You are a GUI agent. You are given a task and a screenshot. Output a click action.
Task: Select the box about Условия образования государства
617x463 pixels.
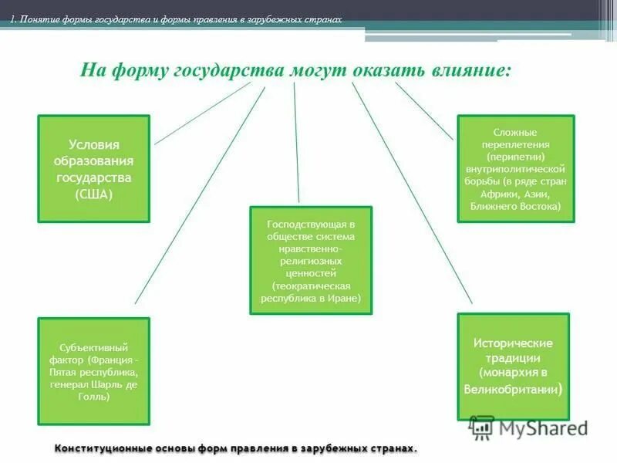(94, 168)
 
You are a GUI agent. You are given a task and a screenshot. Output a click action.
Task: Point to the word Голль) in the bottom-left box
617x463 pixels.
(93, 397)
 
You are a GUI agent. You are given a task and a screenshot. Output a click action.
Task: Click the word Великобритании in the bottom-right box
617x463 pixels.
(511, 390)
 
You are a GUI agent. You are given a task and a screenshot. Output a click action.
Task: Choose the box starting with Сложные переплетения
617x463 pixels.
(516, 168)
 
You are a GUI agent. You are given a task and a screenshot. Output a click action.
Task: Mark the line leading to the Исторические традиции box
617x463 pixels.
(413, 193)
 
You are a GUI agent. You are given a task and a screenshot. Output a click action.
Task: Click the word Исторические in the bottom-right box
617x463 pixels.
(513, 343)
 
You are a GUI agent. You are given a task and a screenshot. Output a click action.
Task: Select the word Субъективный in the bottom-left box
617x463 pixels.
(93, 347)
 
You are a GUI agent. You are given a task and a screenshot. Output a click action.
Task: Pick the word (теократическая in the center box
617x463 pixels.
(311, 285)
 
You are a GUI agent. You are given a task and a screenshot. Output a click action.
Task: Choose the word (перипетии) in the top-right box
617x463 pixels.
(516, 156)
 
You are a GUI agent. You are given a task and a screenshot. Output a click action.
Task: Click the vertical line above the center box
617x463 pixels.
(296, 144)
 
